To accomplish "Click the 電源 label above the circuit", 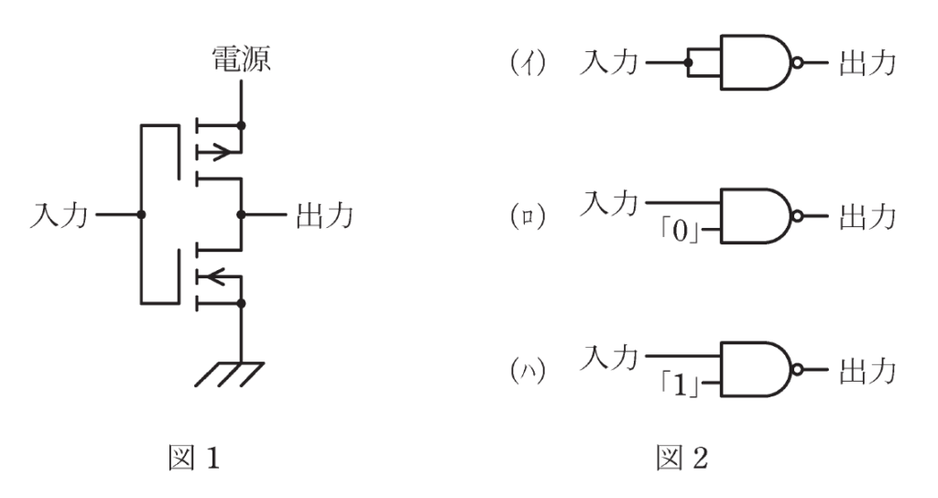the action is tap(242, 60).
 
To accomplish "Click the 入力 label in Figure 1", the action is tap(60, 214).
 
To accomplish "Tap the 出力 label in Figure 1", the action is tap(325, 214).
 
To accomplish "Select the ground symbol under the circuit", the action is tap(230, 374).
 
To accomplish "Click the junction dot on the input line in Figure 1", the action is tap(141, 214).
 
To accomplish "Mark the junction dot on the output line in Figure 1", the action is tap(241, 214).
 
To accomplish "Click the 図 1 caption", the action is tap(194, 459).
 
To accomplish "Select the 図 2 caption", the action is tap(682, 459).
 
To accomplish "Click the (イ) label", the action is tap(528, 62).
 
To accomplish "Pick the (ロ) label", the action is tap(528, 216).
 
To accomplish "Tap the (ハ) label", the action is tap(528, 371).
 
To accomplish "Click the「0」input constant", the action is tap(681, 230).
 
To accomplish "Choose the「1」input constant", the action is tap(681, 384).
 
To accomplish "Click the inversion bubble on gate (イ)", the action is tap(797, 62).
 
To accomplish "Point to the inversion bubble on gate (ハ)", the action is tap(797, 371).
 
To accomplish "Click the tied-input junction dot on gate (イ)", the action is tap(689, 62).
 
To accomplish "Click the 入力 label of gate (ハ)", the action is tap(609, 358).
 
